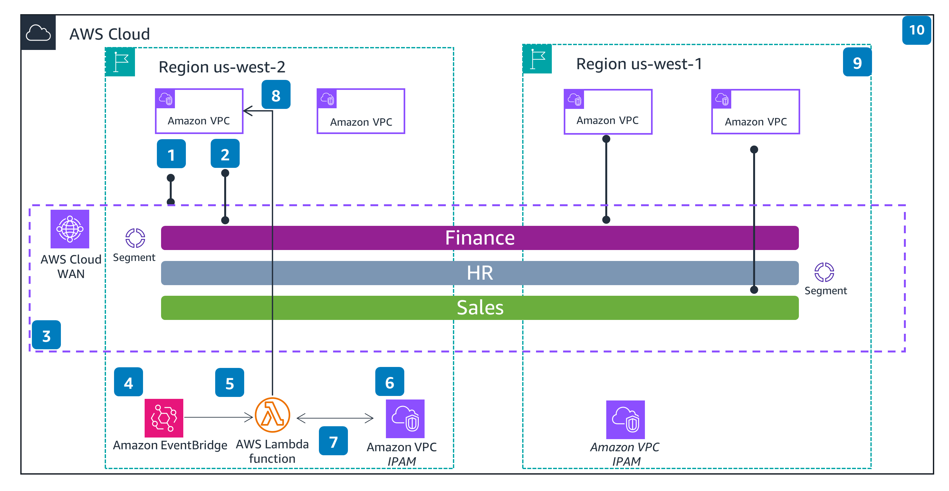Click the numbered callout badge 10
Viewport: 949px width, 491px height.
[x=916, y=30]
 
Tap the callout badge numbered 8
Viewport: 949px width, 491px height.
[x=276, y=95]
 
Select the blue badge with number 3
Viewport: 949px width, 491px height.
[x=46, y=335]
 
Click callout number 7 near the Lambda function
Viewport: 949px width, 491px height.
[x=333, y=441]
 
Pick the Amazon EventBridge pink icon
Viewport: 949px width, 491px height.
[x=164, y=418]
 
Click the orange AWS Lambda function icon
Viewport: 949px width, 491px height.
[x=273, y=415]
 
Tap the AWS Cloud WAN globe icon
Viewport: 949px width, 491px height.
[x=70, y=229]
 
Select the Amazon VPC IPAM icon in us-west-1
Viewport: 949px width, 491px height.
[x=626, y=419]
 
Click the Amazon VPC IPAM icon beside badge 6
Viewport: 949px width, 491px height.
[x=405, y=419]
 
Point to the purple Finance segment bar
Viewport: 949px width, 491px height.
[x=480, y=238]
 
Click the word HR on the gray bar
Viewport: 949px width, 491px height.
[x=480, y=273]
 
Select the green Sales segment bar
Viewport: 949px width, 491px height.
[x=480, y=308]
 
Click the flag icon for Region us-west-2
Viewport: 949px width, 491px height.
[x=120, y=62]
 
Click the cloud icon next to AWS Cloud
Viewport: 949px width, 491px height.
[x=38, y=33]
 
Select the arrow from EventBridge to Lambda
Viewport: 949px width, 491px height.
[x=218, y=417]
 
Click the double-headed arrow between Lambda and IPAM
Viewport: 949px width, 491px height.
[x=335, y=418]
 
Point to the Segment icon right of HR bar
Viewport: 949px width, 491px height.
[x=824, y=272]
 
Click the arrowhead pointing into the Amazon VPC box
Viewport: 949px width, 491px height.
[x=248, y=111]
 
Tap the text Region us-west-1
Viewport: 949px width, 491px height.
[x=639, y=64]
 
